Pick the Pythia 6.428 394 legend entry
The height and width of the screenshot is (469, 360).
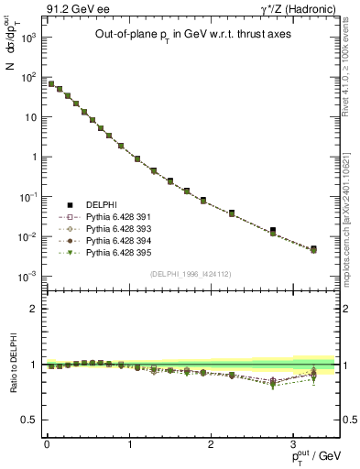(x=115, y=242)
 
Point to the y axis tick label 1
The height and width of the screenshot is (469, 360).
(x=35, y=157)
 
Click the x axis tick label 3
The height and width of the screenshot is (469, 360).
(x=294, y=444)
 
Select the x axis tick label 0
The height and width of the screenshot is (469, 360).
(x=47, y=444)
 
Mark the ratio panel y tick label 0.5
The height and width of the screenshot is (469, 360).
(x=31, y=420)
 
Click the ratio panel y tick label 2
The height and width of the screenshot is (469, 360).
(x=35, y=309)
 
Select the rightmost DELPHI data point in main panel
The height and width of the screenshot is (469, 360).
(x=313, y=248)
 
